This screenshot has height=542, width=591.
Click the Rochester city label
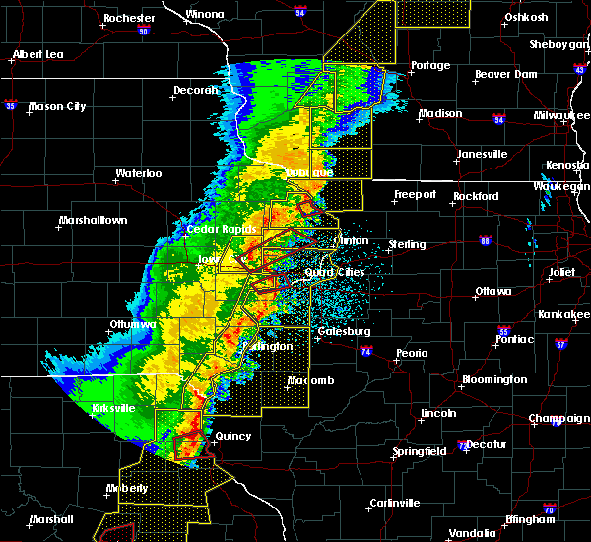point(129,18)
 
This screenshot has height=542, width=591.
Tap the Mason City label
point(61,106)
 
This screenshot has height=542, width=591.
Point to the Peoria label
point(411,353)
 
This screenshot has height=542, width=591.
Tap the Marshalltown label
point(93,220)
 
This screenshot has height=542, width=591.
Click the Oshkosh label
point(525,17)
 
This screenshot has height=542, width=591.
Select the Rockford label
point(477,196)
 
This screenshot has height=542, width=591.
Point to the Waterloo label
point(138,173)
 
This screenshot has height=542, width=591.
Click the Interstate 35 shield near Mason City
point(11,103)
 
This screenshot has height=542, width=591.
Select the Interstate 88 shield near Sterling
point(485,239)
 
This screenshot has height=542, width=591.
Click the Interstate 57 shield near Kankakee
point(560,344)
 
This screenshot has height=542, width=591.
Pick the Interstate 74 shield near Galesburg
point(365,350)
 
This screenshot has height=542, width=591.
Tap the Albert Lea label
point(38,54)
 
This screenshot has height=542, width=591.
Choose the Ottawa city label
point(492,291)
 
